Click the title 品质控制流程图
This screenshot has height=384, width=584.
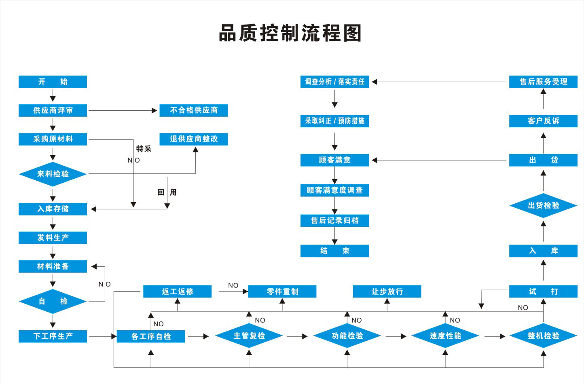pyautogui.click(x=290, y=33)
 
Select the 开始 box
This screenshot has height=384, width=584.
pyautogui.click(x=53, y=82)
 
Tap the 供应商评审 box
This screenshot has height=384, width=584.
pyautogui.click(x=53, y=110)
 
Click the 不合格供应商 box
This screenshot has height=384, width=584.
pyautogui.click(x=194, y=110)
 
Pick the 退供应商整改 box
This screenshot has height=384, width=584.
pyautogui.click(x=194, y=139)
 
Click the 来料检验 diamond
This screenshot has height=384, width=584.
pyautogui.click(x=53, y=174)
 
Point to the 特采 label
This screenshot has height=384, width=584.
pyautogui.click(x=144, y=149)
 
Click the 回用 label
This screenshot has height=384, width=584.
pyautogui.click(x=167, y=192)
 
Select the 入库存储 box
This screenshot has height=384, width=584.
pyautogui.click(x=53, y=209)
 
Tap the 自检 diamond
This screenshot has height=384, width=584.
pyautogui.click(x=53, y=302)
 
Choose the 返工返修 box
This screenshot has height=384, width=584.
pyautogui.click(x=177, y=291)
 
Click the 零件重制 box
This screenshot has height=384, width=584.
pyautogui.click(x=282, y=291)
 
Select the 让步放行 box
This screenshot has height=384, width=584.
pyautogui.click(x=387, y=291)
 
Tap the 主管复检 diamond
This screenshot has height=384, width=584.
pyautogui.click(x=249, y=336)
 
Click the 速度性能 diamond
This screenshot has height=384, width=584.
pyautogui.click(x=445, y=336)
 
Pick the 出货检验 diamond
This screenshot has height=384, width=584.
pyautogui.click(x=543, y=206)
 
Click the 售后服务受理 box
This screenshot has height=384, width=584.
pyautogui.click(x=543, y=82)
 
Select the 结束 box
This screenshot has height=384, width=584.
pyautogui.click(x=334, y=251)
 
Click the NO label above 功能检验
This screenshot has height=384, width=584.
pyautogui.click(x=356, y=320)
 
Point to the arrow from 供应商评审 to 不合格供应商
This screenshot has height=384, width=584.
pyautogui.click(x=123, y=110)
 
